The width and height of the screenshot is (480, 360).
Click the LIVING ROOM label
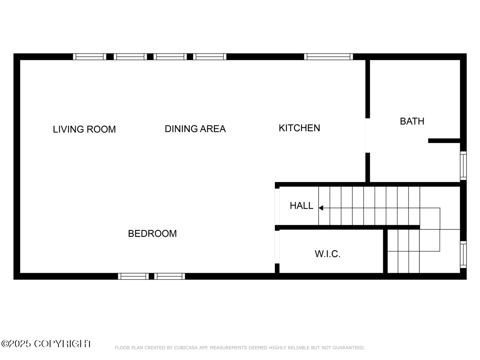coord(84,129)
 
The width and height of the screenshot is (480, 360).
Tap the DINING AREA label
coord(195,129)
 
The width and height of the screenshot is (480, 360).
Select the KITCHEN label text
coord(299,128)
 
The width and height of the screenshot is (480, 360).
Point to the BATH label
coord(412,121)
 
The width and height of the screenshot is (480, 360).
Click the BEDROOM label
coord(152,234)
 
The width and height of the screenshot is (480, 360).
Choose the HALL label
coord(302,206)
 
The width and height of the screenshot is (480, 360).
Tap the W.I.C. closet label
coord(328,254)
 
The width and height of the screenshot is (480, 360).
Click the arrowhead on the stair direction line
coord(321,208)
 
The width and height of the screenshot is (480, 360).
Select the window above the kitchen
coord(328,57)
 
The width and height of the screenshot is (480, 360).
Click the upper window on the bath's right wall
coord(463,166)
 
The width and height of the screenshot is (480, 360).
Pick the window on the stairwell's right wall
coord(463,254)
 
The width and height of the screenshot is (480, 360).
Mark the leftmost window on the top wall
coord(90,57)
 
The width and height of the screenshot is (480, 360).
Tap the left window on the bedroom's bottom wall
coord(133,276)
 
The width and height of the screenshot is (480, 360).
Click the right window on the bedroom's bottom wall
coord(170,276)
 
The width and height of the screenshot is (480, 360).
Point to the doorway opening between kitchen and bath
coord(367,135)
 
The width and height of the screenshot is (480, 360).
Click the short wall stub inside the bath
coord(444,141)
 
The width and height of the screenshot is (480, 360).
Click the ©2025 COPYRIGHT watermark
coord(46,344)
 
